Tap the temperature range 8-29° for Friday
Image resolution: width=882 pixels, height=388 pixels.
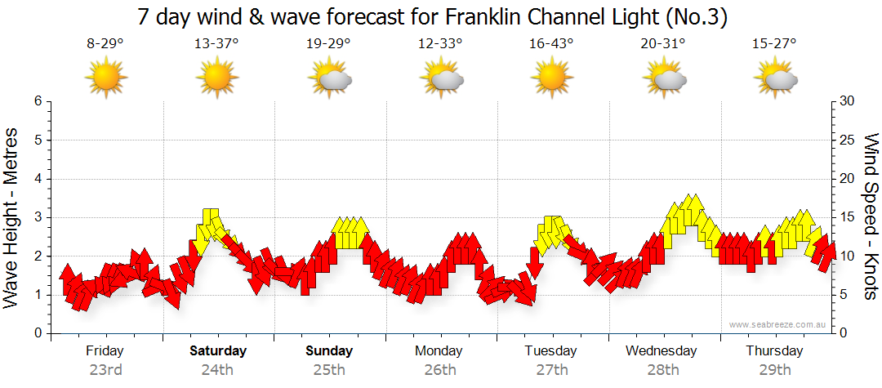[x=105, y=44]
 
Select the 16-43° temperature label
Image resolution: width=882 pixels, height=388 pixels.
[x=550, y=44]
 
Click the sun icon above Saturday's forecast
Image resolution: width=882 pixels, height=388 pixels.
[x=216, y=78]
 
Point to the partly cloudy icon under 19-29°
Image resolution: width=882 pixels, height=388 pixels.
[x=329, y=78]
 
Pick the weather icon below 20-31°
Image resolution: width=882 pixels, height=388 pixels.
[x=663, y=78]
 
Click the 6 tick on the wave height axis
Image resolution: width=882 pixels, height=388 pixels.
[x=38, y=101]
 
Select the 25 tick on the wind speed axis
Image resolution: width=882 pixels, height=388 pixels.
[x=848, y=140]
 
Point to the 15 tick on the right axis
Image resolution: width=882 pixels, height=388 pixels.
[x=848, y=217]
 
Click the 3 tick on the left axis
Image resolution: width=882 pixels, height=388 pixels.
[x=38, y=217]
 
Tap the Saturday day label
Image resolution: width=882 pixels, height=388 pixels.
[x=217, y=351]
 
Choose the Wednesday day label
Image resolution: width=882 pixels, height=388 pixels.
[x=661, y=351]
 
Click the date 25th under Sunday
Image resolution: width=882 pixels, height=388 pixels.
[x=329, y=369]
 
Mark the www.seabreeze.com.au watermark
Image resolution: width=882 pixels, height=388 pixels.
[x=778, y=324]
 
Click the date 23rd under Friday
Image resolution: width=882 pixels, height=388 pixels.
[x=105, y=369]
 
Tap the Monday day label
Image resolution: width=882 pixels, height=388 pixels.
[x=439, y=351]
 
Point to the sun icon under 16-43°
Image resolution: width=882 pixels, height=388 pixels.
[x=550, y=78]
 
